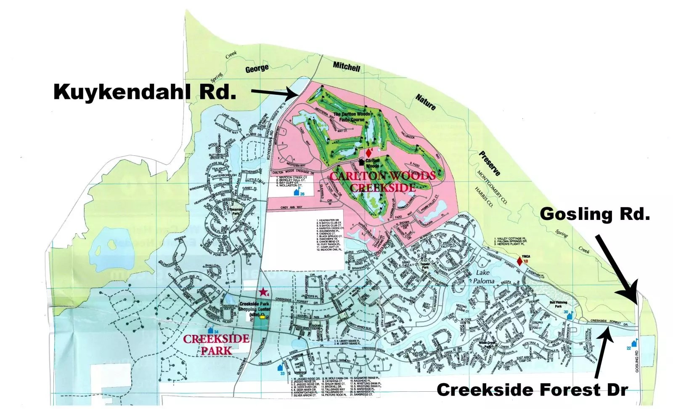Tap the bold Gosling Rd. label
coord(594,214)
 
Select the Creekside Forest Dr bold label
coord(532,390)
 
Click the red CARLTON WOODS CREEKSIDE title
coord(382,182)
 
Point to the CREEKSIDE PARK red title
coord(216,344)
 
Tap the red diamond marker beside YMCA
coord(519,261)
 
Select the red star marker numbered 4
coord(263,291)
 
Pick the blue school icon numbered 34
coord(210,331)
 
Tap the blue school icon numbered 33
coord(281,368)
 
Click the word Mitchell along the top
coord(347,66)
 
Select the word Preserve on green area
coord(490,163)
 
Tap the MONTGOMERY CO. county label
coord(492,187)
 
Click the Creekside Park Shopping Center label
coord(254,309)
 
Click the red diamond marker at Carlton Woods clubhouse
coord(368,153)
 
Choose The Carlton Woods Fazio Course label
coord(352,117)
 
